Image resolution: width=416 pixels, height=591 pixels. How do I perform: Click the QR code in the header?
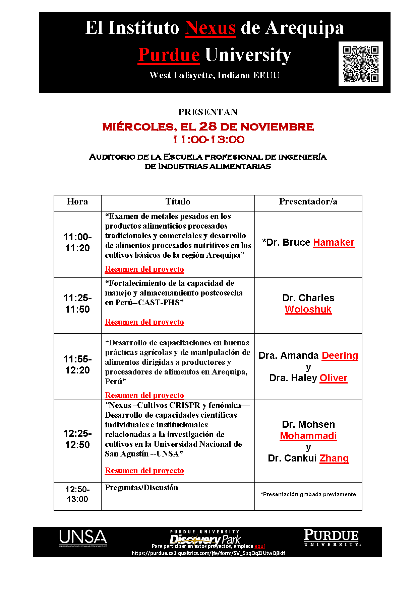[361, 64]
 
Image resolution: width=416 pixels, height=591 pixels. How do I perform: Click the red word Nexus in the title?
[210, 28]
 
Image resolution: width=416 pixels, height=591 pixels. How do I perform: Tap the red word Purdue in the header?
[169, 55]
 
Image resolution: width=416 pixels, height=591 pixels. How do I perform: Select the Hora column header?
[77, 202]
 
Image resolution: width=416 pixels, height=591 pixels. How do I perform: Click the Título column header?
[178, 202]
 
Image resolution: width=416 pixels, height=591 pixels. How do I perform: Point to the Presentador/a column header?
[308, 202]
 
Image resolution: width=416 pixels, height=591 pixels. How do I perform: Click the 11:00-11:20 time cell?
[77, 243]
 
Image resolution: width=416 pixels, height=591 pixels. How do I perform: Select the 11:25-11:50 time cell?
[77, 304]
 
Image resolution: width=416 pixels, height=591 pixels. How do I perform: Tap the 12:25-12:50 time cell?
[77, 439]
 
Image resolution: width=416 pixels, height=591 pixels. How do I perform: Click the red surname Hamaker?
[334, 243]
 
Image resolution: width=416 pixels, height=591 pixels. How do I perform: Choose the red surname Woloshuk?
[308, 310]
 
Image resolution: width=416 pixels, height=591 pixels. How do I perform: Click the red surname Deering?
[340, 356]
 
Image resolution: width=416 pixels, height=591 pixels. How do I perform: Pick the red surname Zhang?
[334, 458]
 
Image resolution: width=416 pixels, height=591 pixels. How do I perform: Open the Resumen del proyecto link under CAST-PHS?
[144, 322]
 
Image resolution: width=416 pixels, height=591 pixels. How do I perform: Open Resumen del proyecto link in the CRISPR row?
[144, 471]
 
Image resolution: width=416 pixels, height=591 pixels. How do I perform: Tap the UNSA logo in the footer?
[83, 538]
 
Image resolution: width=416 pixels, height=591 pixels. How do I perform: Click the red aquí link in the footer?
[259, 546]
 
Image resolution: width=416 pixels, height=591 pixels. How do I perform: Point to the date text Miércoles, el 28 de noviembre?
[208, 127]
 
